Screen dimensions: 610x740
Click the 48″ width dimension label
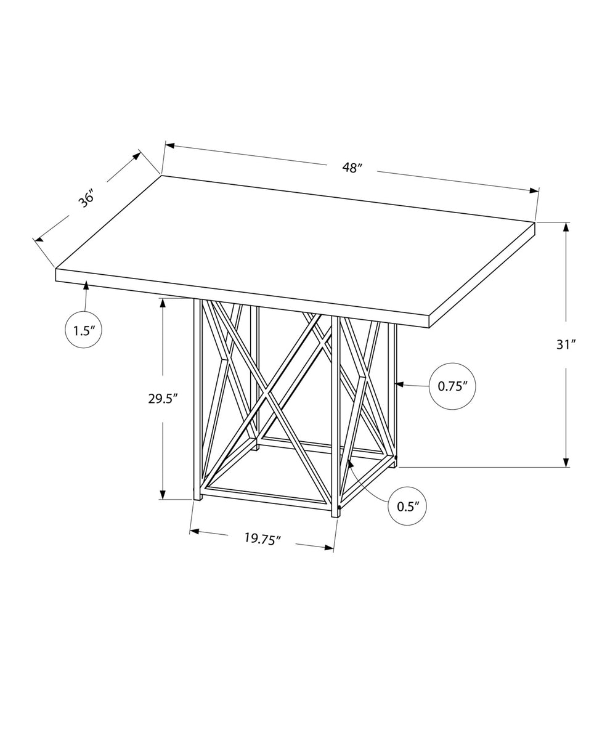351,168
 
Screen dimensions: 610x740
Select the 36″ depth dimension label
87,199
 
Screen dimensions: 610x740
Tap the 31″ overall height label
566,344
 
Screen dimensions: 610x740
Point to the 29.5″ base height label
163,399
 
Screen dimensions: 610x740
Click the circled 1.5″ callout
84,331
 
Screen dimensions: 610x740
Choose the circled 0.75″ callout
452,386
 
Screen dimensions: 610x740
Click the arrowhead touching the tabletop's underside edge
86,285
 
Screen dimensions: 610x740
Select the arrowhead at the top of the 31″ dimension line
566,227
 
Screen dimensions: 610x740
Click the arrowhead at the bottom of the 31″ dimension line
566,462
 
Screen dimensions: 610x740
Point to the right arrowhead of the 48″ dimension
534,190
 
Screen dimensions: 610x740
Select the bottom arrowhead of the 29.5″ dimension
163,494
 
